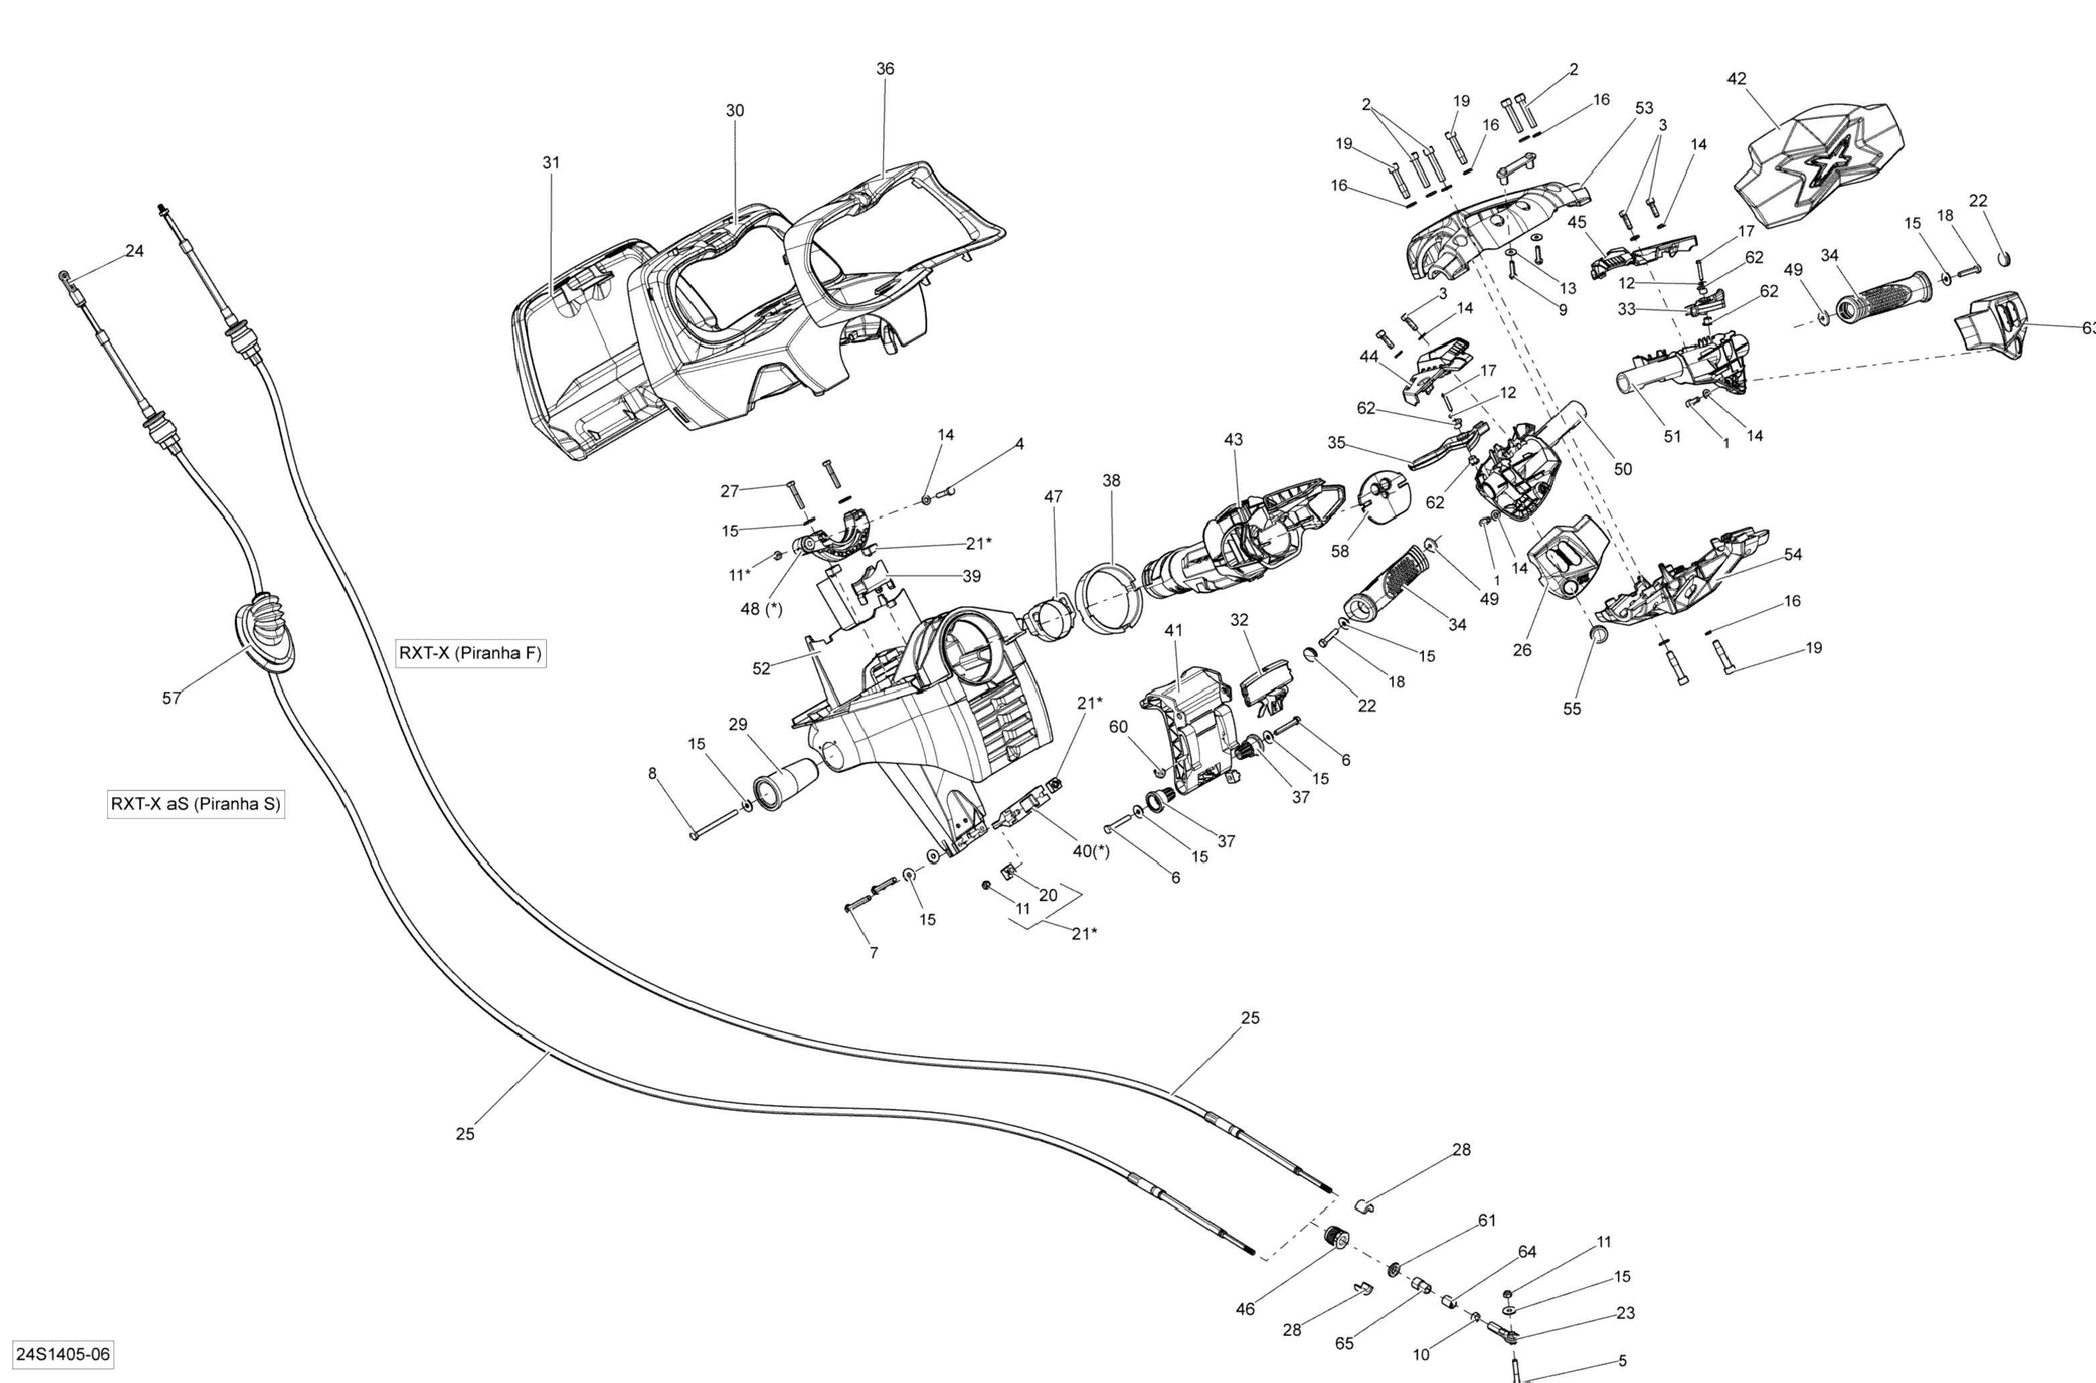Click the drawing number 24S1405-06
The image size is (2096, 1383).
63,1353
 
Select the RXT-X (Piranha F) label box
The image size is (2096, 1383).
470,654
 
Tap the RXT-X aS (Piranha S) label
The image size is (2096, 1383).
195,804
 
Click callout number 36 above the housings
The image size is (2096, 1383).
885,69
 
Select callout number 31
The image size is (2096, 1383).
551,162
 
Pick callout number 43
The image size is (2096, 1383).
1233,439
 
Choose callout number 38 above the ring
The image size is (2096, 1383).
1111,481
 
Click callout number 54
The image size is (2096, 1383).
1793,554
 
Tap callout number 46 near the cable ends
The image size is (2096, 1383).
1245,1309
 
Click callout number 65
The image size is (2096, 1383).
1344,1343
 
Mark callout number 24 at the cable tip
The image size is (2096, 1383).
134,251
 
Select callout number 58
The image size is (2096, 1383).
1340,551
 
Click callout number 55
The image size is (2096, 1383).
1572,709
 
